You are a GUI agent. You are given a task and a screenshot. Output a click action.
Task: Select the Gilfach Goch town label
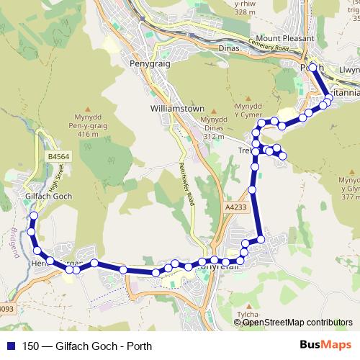pos(48,196)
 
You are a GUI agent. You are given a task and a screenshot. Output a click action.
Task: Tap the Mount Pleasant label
pos(285,38)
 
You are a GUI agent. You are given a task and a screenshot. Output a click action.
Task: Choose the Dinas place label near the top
pos(229,49)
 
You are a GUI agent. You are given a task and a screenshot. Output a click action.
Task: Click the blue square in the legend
pos(9,345)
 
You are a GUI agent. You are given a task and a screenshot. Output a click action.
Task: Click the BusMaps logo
pos(326,345)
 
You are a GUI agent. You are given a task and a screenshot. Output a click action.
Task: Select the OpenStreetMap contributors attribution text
pos(297,323)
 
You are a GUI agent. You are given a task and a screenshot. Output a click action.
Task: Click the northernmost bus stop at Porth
pos(312,67)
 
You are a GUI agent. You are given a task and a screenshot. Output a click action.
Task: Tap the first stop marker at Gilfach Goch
pos(33,215)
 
